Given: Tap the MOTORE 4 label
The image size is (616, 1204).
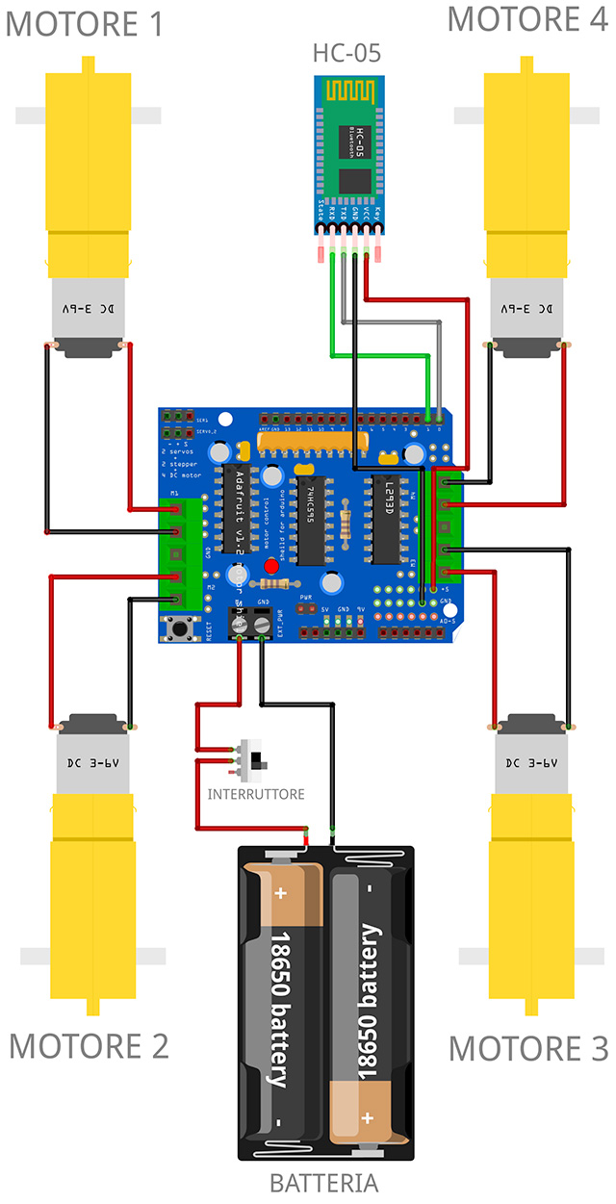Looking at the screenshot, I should click(x=527, y=18).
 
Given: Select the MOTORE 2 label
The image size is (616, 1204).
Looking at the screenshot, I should click(x=89, y=1045).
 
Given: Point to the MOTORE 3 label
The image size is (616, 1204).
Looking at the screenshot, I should click(x=528, y=1048).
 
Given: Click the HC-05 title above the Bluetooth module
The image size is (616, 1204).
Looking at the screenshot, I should click(x=346, y=54).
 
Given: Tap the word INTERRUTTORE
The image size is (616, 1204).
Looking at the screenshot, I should click(x=256, y=794).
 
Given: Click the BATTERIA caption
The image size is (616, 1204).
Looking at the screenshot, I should click(x=323, y=1183).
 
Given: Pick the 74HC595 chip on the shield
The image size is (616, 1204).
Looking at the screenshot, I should click(x=310, y=520).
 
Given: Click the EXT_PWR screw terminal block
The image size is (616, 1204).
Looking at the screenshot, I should click(x=247, y=624).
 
